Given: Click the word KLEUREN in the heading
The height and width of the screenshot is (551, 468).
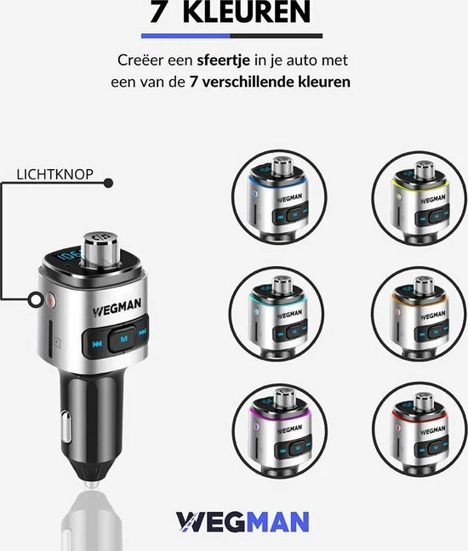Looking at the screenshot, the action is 247,11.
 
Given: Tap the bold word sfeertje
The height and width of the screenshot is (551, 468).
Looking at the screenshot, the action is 223,60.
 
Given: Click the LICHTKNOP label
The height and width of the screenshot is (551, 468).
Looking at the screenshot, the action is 54,174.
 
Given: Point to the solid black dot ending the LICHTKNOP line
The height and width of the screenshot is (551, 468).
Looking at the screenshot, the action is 108,183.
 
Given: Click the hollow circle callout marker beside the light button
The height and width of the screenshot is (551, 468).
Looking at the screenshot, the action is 36,300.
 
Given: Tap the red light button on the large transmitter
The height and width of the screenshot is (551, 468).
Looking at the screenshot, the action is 51,300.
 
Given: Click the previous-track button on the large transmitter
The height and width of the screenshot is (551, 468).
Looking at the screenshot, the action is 97,344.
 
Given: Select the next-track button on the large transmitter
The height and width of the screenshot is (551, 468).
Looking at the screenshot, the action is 142,332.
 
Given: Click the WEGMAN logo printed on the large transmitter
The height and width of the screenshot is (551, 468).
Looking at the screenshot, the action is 117,308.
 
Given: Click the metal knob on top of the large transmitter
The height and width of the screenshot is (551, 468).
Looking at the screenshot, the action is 101,249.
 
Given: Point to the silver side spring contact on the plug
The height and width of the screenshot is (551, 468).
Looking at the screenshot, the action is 66,427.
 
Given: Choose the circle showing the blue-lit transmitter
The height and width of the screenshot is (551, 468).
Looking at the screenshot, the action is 279,197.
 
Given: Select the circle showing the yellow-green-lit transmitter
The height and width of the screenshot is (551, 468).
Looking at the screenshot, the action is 419,198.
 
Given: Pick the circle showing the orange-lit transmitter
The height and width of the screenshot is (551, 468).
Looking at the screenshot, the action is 419,314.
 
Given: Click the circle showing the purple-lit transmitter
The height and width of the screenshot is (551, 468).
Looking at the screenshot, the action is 280,430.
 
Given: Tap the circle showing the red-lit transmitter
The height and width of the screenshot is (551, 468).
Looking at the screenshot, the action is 419,429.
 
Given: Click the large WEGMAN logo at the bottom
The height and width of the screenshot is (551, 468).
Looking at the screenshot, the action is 243,522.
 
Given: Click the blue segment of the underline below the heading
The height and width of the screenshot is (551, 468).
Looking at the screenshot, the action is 185,36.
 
